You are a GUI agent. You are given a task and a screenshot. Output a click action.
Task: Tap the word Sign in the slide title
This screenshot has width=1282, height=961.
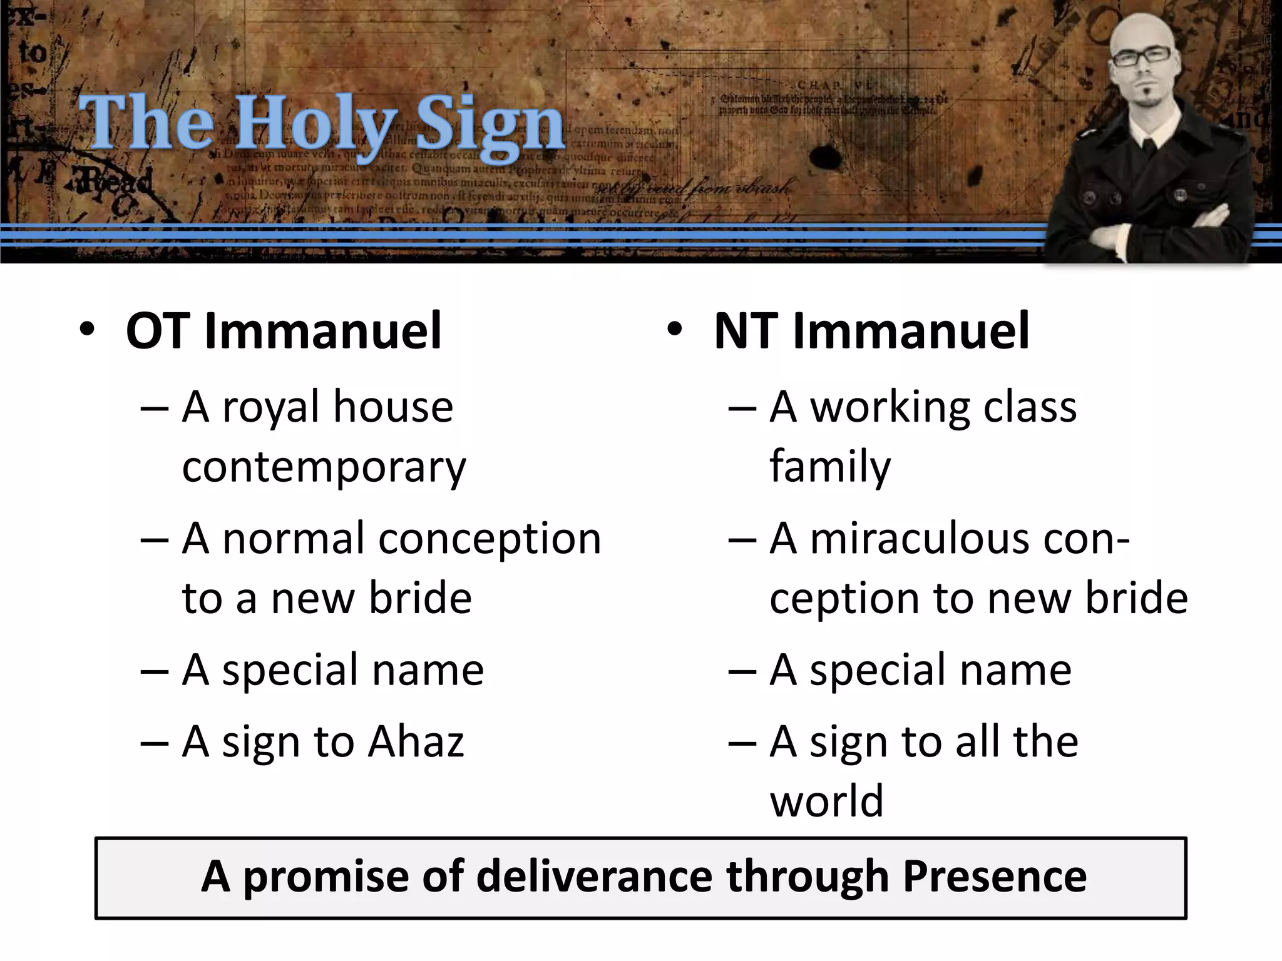click(490, 125)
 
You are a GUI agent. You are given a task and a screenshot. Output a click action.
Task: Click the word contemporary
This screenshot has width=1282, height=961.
click(324, 467)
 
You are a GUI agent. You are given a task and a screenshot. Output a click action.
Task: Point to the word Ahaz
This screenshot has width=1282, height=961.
click(416, 742)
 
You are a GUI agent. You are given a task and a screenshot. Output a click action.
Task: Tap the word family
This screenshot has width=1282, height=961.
click(830, 467)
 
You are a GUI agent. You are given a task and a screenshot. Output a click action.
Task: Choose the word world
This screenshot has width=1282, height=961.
click(826, 801)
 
